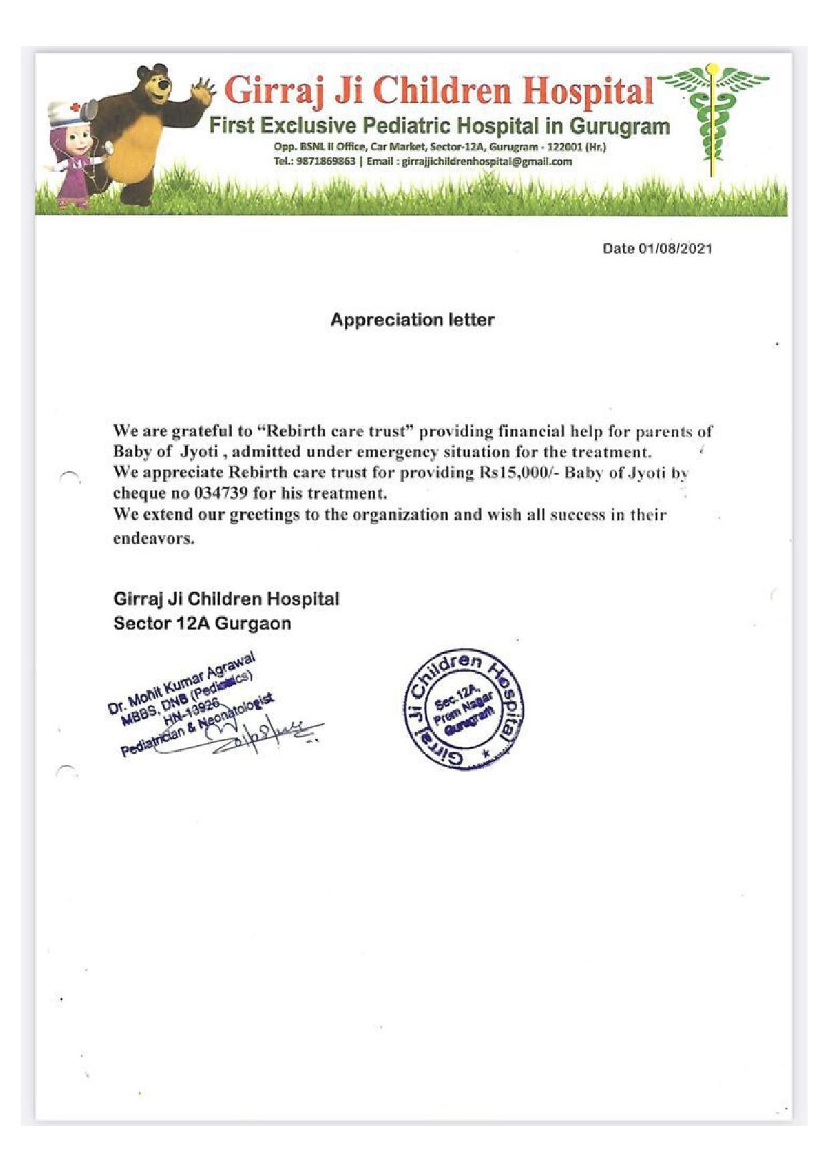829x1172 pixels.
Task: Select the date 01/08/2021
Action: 675,249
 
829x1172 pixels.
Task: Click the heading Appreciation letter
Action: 412,320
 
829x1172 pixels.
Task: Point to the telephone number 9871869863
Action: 326,162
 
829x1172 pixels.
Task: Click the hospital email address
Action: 486,162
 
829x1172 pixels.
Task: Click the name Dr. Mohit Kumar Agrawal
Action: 181,682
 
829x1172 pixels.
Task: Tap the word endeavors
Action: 153,539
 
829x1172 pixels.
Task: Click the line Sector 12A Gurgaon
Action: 202,623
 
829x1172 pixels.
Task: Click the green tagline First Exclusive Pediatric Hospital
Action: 439,126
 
